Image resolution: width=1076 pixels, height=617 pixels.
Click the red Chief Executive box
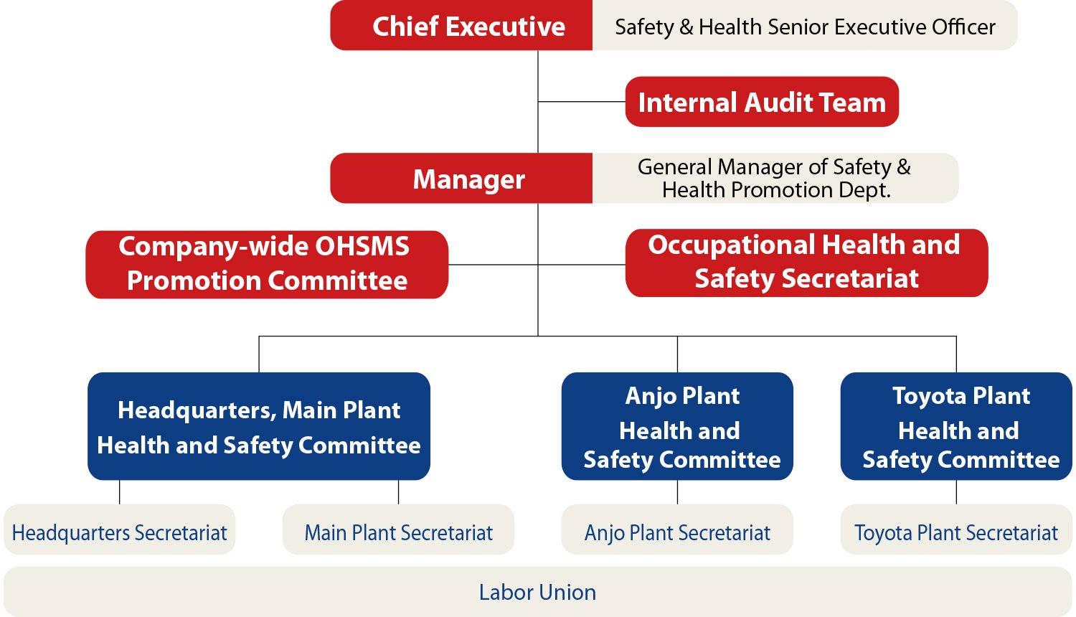coord(461,26)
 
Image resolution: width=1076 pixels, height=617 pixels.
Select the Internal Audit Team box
coord(762,102)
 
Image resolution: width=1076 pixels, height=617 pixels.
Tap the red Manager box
coord(461,179)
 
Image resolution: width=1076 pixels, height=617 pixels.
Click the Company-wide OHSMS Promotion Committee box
coord(267,264)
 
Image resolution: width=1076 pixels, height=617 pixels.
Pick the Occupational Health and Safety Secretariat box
coord(806,263)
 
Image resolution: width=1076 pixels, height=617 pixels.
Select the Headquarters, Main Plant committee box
coord(259,426)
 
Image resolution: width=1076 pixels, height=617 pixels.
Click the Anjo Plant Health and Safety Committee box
coord(677,426)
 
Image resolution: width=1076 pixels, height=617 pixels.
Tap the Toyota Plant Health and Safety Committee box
coord(956,426)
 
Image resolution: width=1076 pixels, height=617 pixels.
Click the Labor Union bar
coord(537,592)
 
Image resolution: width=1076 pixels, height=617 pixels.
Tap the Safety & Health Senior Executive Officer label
coord(805,27)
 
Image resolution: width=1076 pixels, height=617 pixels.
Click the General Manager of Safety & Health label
coord(775,179)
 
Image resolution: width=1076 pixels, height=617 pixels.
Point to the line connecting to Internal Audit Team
coord(582,102)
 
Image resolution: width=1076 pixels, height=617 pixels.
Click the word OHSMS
coord(362,247)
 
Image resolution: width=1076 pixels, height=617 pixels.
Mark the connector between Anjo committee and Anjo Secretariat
coord(677,492)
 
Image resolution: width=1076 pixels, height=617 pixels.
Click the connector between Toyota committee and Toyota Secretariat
coord(956,492)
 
